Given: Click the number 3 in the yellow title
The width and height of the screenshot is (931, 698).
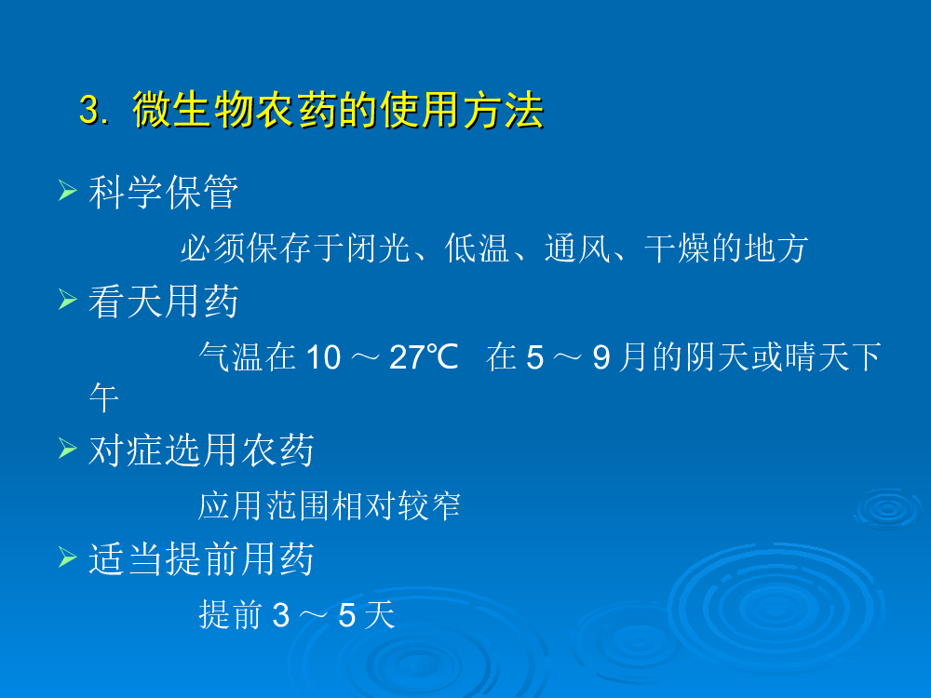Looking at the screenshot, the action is (89, 109).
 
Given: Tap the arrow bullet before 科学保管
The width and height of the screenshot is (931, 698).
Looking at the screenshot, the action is (68, 191).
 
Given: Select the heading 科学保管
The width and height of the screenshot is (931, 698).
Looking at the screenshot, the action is (163, 192).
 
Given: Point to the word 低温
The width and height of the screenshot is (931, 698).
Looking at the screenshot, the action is (477, 248).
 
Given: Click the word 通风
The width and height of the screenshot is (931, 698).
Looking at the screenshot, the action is (577, 248).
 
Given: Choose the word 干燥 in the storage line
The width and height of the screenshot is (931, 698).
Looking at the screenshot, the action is (677, 248).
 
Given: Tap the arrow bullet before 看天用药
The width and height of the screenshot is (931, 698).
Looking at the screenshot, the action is (68, 300).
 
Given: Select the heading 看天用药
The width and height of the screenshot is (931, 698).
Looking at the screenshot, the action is (163, 301).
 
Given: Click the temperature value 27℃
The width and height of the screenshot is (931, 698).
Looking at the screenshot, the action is (424, 357).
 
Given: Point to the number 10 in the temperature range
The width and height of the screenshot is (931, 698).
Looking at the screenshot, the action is (323, 357).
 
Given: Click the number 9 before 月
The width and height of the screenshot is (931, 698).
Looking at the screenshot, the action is (600, 357).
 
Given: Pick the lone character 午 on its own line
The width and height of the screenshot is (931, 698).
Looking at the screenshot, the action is (104, 397).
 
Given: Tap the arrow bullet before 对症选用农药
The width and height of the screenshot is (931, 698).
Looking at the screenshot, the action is (68, 449).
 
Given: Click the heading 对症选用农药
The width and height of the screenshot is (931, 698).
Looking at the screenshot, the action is (201, 450).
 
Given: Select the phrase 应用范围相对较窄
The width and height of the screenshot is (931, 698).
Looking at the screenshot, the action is (329, 505).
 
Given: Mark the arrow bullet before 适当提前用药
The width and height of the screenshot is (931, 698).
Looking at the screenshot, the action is (68, 557).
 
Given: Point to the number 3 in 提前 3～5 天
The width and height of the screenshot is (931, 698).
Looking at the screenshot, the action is (281, 615).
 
